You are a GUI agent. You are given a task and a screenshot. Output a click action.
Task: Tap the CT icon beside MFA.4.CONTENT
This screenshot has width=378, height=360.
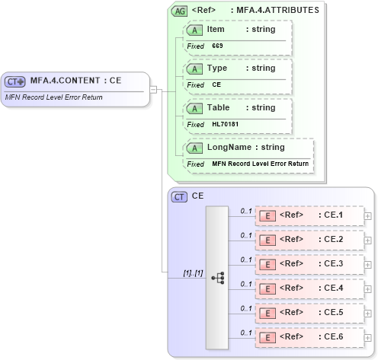15,81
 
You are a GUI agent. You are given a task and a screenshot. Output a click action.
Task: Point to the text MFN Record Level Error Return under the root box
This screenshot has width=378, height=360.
53,97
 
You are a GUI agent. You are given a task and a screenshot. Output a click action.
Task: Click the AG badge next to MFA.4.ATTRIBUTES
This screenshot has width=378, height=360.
180,11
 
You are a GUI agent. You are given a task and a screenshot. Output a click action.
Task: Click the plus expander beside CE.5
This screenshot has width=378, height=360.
368,313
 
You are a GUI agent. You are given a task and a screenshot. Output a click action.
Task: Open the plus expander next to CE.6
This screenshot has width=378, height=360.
368,337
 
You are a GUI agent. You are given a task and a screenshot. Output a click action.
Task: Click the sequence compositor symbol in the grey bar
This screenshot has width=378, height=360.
218,278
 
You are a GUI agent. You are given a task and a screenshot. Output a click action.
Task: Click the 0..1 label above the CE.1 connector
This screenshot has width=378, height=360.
245,210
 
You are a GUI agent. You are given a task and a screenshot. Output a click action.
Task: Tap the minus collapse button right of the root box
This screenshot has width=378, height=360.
153,89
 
